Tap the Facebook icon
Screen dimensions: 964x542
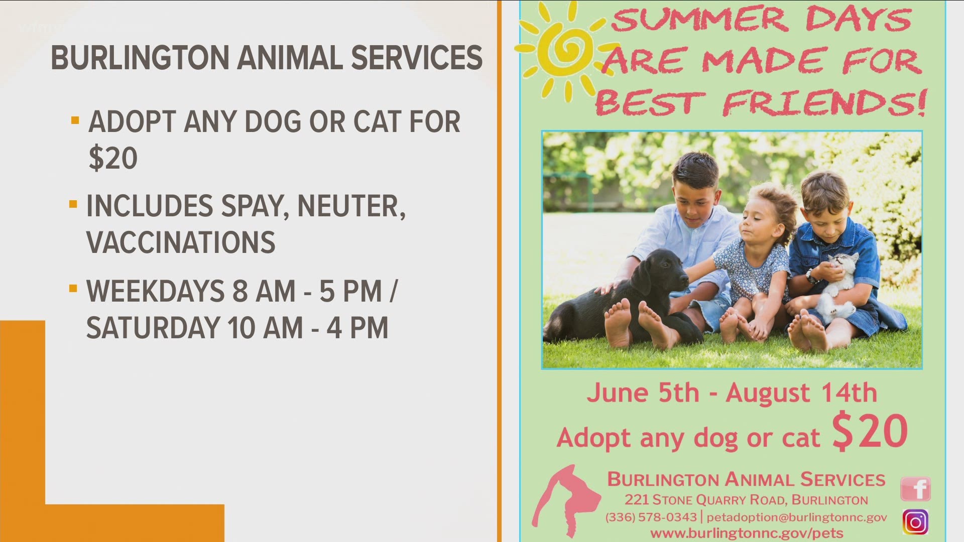click(915, 489)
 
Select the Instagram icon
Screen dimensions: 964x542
click(915, 522)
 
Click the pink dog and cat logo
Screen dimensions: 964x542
click(566, 501)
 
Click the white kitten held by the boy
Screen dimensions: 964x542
click(836, 289)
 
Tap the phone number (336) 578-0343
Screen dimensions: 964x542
click(651, 517)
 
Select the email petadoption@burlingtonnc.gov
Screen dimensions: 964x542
click(797, 517)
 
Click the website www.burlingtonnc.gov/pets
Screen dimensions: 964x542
click(747, 533)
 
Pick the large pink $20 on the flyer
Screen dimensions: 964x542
click(870, 431)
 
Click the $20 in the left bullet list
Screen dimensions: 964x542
click(113, 159)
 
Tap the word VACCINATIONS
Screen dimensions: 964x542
click(181, 242)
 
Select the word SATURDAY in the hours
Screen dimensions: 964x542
click(153, 328)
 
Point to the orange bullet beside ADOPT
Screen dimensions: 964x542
click(75, 120)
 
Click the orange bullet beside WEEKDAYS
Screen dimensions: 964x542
click(73, 289)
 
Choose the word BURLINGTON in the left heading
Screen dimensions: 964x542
click(140, 57)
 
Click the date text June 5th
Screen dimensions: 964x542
click(643, 392)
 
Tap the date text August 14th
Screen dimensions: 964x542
click(801, 392)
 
